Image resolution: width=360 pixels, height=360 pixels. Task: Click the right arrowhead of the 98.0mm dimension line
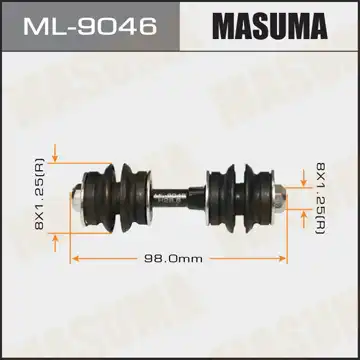coord(286,258)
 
